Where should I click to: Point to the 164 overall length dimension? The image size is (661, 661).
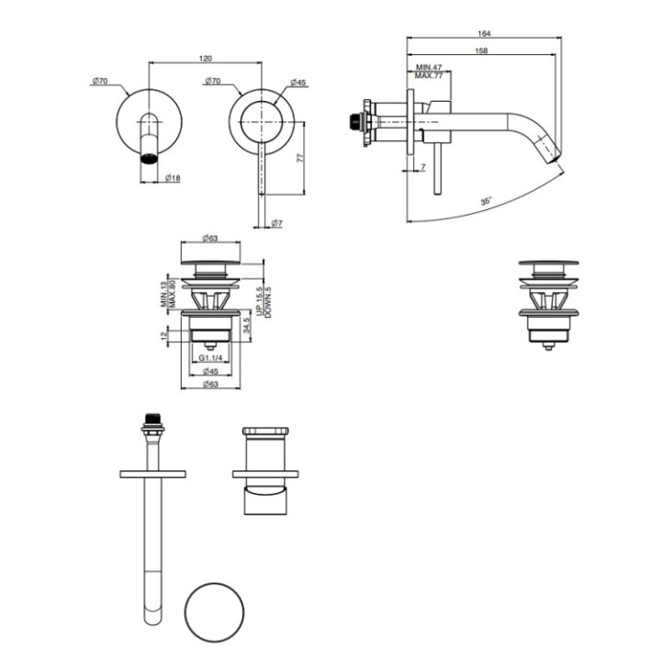point(483,32)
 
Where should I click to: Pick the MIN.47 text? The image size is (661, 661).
point(429,68)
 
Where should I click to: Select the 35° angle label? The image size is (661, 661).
point(485,199)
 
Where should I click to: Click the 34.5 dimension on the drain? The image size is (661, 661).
point(247,323)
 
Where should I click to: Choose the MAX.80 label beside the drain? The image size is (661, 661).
point(171,295)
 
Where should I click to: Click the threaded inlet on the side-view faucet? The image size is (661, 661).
point(352,119)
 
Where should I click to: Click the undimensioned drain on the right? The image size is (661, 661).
point(547,303)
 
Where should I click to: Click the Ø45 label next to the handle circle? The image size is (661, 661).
point(298,83)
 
